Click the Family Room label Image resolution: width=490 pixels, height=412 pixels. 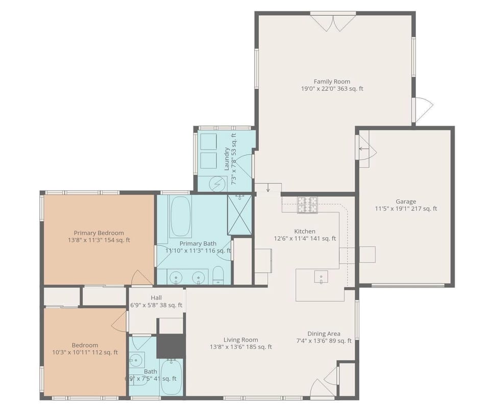(x=332, y=82)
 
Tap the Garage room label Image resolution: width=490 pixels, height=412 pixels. (x=406, y=201)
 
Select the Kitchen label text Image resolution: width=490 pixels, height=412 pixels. (x=305, y=231)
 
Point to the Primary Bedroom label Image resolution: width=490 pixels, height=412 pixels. (x=99, y=233)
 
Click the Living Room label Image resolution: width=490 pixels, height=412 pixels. (x=240, y=340)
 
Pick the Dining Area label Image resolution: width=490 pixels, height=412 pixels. (x=324, y=334)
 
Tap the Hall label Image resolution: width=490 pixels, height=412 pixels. (x=156, y=298)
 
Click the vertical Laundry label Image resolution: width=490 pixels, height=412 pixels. (x=227, y=159)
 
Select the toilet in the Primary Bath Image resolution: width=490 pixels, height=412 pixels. (x=218, y=275)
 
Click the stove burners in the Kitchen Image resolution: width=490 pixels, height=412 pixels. (x=308, y=204)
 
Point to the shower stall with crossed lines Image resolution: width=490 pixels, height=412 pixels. (x=240, y=214)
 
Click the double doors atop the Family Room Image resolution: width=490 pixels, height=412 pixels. (x=333, y=22)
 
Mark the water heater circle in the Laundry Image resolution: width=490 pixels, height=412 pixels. (x=218, y=183)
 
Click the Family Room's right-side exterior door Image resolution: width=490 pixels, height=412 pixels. (x=423, y=110)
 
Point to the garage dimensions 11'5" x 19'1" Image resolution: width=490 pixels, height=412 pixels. (x=406, y=209)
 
